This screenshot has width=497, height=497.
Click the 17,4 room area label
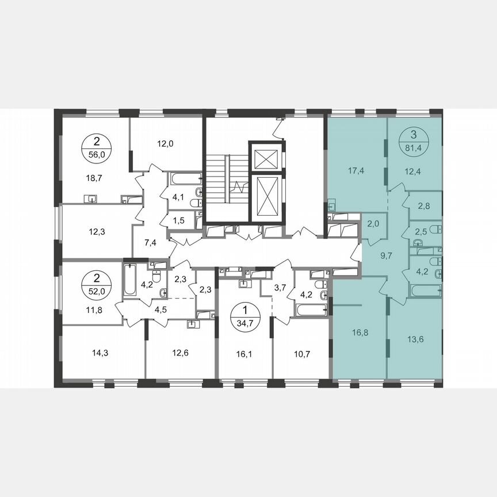click(x=356, y=171)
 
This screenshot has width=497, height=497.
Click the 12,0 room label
click(x=165, y=144)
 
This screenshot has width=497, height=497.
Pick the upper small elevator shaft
click(x=266, y=156)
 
